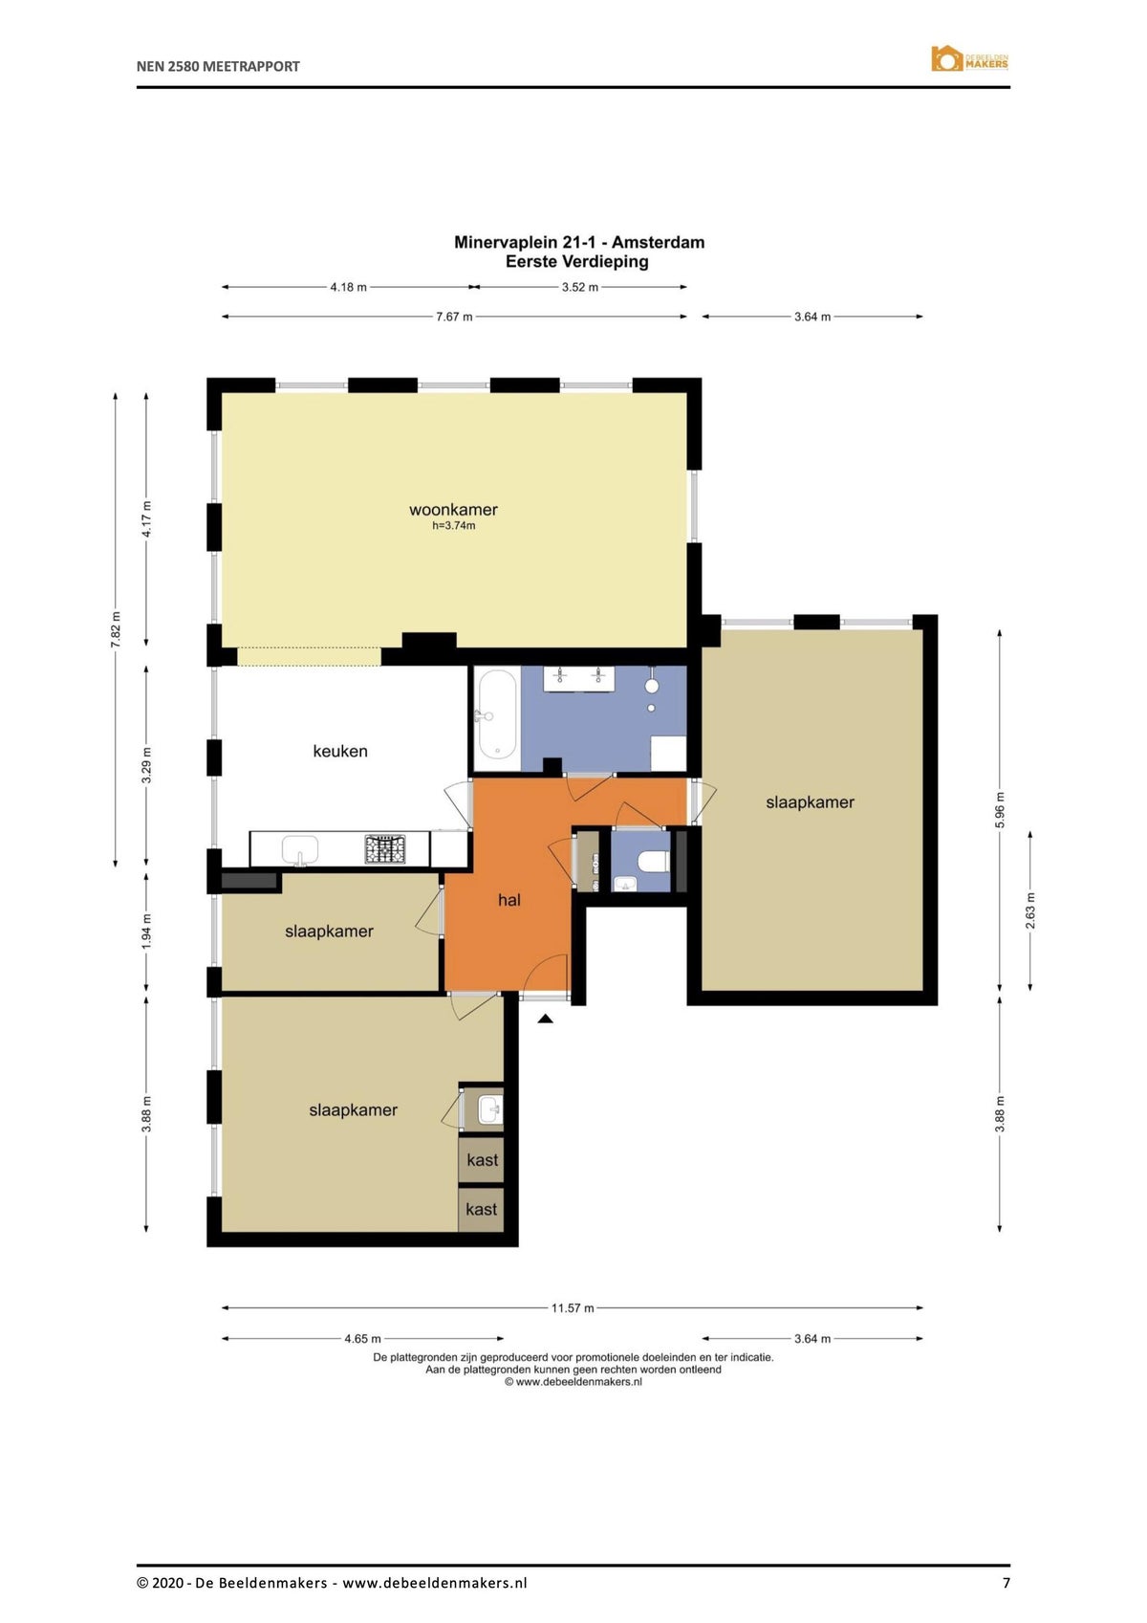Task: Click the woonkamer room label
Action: pos(453,510)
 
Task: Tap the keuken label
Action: pos(340,751)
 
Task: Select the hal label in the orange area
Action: pos(509,900)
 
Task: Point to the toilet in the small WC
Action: pos(655,861)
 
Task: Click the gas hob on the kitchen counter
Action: pos(384,849)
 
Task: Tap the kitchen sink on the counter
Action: pos(300,849)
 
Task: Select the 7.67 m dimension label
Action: pos(454,317)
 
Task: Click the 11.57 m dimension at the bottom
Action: pos(573,1307)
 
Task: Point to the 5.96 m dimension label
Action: pos(1000,810)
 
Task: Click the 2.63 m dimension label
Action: pos(1030,910)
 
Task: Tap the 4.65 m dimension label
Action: pos(363,1339)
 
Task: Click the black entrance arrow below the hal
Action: pos(545,1020)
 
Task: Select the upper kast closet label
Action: pos(482,1160)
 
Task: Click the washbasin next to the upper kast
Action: pos(488,1109)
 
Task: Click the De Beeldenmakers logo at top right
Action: pos(969,59)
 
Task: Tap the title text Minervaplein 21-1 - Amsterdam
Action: pos(579,242)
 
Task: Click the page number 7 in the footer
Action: pos(1006,1583)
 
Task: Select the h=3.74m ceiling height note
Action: pos(453,526)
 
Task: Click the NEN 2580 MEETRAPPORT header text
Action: pos(218,66)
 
